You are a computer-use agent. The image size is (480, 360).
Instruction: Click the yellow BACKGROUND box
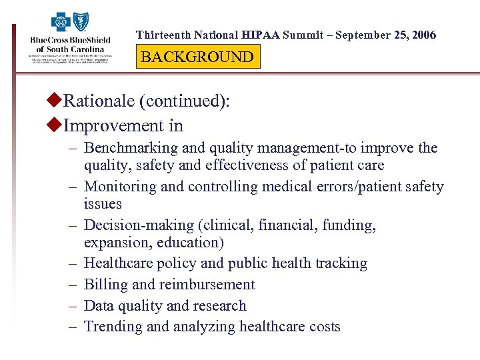click(x=197, y=57)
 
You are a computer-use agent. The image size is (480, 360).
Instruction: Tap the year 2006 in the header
click(x=421, y=35)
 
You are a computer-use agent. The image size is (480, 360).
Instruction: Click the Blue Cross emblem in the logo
click(x=61, y=23)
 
